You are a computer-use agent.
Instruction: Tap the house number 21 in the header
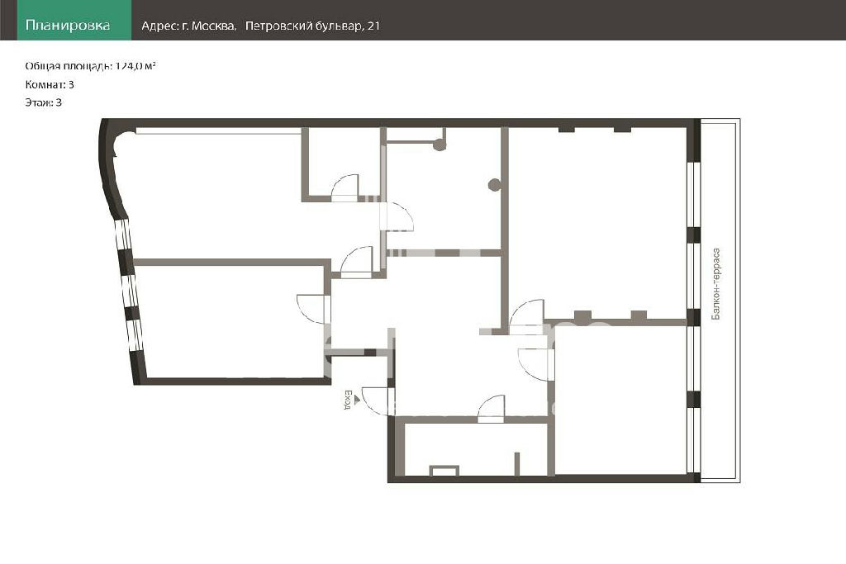[374, 26]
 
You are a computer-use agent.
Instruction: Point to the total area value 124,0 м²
[135, 66]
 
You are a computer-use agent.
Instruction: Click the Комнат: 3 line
[50, 84]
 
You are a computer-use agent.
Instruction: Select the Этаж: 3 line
[43, 102]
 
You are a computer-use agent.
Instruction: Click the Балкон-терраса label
[716, 283]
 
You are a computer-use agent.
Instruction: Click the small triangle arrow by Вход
[356, 399]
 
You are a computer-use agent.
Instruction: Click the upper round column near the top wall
[440, 145]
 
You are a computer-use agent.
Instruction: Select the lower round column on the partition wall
[494, 185]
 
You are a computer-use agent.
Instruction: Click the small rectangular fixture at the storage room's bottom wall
[444, 470]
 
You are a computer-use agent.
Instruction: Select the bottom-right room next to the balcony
[620, 400]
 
